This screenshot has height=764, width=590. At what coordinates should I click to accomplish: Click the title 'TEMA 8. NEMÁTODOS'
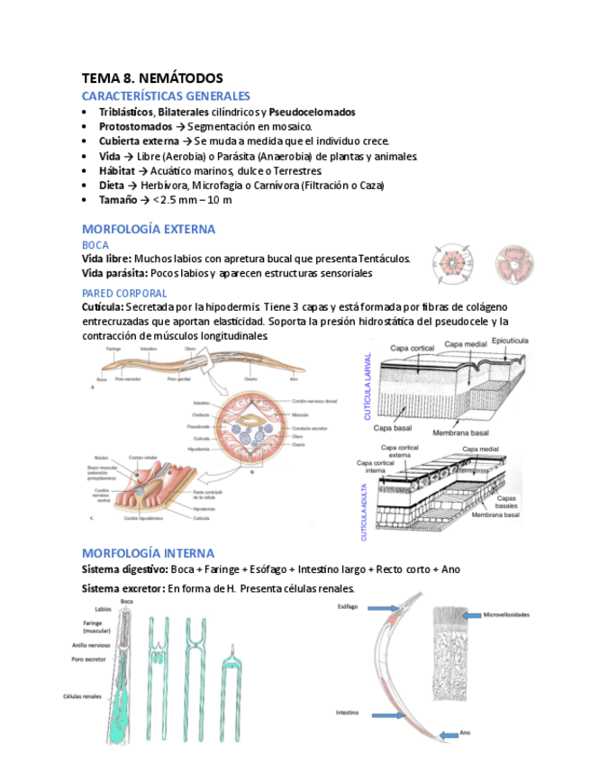[x=152, y=78]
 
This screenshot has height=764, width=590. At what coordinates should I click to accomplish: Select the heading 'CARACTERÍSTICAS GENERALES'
[x=166, y=95]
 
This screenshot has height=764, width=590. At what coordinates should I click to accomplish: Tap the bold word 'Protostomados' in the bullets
[x=135, y=127]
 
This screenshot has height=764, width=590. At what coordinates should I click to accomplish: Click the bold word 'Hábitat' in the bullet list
[x=117, y=170]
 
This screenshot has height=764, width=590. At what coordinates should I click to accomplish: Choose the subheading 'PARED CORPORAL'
[x=124, y=293]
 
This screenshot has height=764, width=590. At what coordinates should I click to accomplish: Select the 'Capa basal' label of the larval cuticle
[x=393, y=428]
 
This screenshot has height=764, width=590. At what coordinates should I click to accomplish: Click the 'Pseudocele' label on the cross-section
[x=199, y=426]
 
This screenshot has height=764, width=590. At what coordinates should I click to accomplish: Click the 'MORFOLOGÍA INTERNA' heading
[x=148, y=552]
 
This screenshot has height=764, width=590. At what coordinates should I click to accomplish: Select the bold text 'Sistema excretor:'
[x=123, y=588]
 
